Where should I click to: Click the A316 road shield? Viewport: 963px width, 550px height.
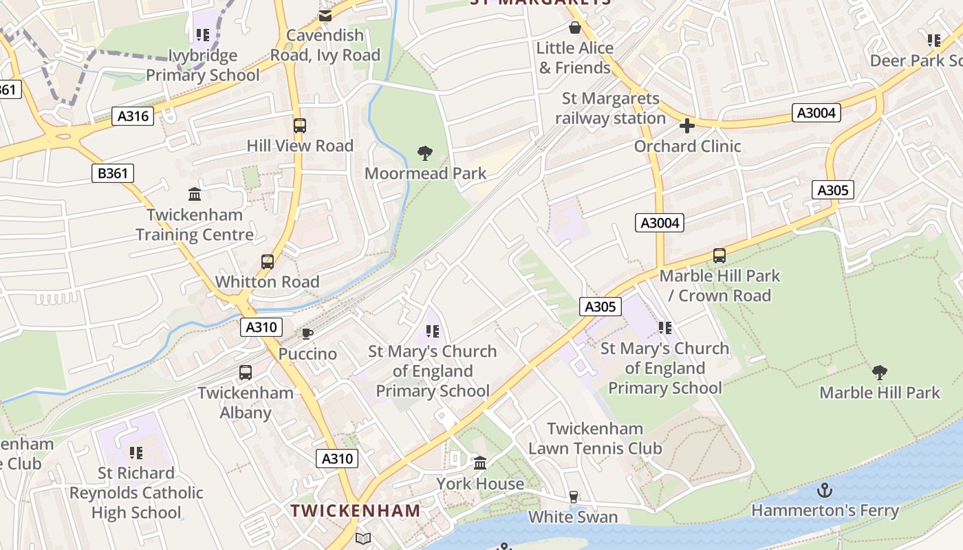(133, 116)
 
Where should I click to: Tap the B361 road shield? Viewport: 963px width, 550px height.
(113, 173)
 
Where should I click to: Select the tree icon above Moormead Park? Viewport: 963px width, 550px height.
(425, 153)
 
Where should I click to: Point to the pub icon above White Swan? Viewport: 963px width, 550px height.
(573, 496)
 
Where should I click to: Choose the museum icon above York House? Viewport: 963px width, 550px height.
(480, 463)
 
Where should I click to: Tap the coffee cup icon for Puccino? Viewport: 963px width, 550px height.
(307, 334)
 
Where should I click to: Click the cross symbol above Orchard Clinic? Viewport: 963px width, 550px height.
(686, 126)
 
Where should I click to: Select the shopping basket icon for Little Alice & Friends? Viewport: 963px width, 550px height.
(574, 27)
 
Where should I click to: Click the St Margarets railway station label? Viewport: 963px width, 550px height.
(611, 109)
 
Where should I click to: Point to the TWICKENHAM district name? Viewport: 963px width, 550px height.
(355, 511)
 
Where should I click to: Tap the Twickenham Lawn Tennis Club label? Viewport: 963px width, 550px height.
(595, 439)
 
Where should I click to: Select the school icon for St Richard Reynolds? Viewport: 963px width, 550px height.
(136, 452)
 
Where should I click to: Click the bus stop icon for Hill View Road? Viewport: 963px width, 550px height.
(299, 126)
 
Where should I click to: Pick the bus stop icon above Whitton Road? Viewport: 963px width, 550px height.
(268, 262)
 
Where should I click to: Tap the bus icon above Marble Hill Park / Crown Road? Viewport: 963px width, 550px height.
(719, 256)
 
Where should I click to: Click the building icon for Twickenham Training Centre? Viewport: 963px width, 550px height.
(195, 195)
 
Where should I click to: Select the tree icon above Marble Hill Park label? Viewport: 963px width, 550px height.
(879, 373)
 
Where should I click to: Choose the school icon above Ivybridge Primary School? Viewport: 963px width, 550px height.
(202, 34)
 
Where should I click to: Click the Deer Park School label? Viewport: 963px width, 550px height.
(916, 60)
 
